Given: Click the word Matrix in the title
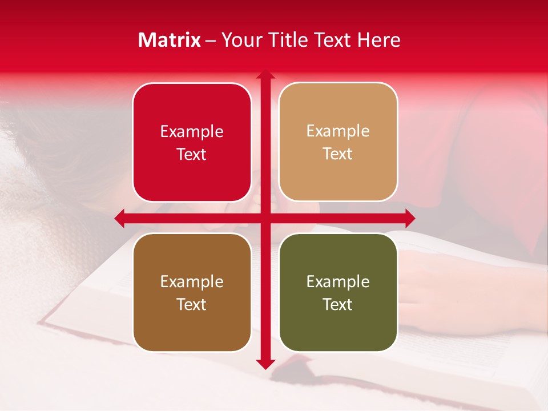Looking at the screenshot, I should tap(170, 40).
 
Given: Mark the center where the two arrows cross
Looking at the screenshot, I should tap(265, 218).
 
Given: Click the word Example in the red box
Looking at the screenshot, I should tap(192, 132).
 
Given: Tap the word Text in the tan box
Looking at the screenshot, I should tap(338, 154).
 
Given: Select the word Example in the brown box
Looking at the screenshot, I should tap(192, 282).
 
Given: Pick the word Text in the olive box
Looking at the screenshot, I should tap(338, 305).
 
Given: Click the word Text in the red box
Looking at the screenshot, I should tap(192, 155).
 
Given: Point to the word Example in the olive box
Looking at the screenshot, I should tap(338, 282).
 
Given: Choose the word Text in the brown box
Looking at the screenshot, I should tap(192, 305).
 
